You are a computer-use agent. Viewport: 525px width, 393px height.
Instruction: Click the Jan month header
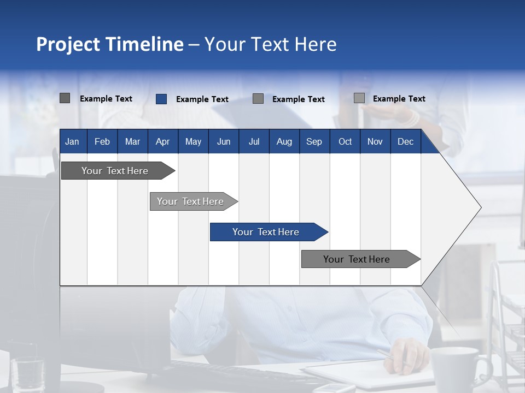coord(72,141)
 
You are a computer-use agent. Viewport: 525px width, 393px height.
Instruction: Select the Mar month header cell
coord(132,141)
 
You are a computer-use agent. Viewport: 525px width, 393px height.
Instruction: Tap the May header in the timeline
coord(193,141)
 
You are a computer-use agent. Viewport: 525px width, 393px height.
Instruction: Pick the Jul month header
coord(254,141)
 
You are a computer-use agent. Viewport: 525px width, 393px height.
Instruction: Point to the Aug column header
coord(284,141)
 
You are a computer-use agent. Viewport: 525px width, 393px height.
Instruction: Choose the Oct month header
coord(345,141)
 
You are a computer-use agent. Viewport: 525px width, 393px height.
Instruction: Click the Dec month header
coord(405,141)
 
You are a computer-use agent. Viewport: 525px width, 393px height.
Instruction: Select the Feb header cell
coord(102,141)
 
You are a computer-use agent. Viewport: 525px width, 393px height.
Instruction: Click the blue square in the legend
coord(161,99)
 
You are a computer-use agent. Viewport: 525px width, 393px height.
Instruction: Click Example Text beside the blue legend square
coord(202,99)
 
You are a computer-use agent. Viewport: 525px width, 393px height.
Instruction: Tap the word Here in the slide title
coord(316,44)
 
